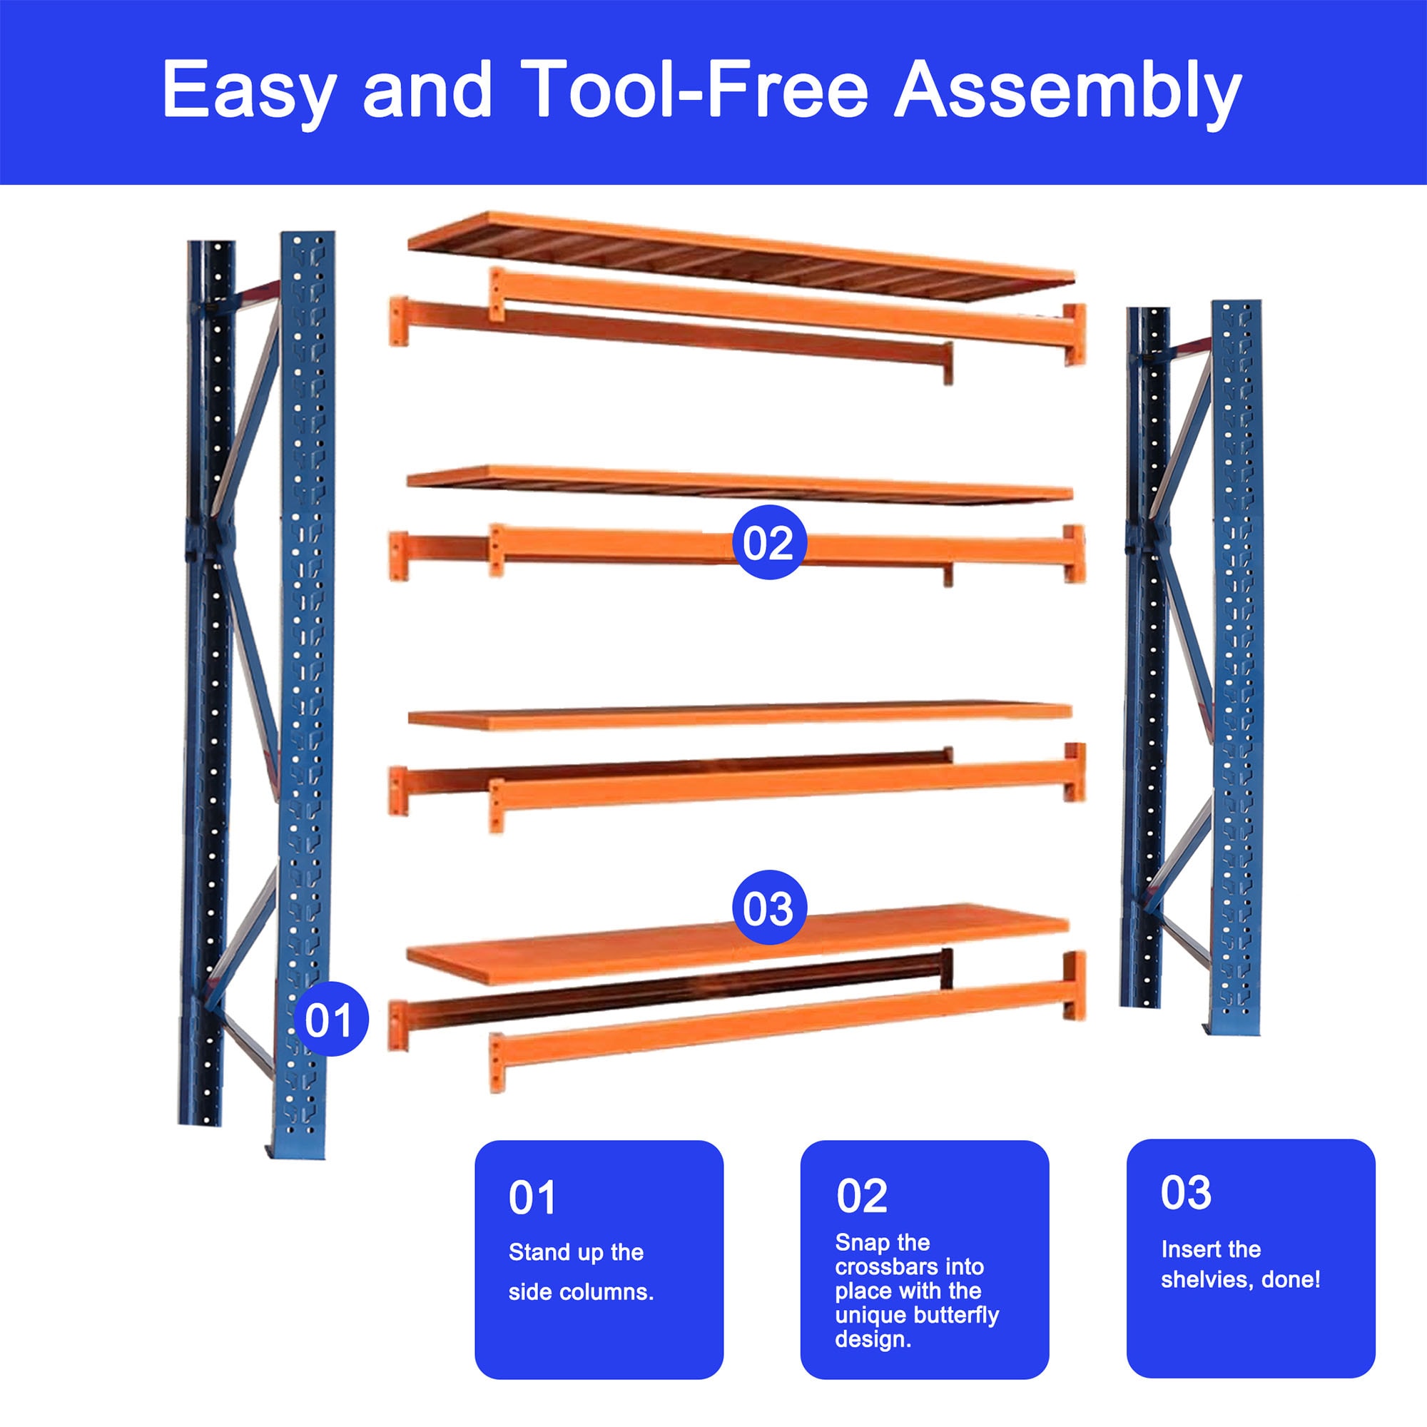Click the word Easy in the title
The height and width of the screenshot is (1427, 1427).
[x=248, y=90]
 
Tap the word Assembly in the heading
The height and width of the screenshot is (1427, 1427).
[x=1067, y=90]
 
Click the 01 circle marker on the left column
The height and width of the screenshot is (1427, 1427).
[x=330, y=1020]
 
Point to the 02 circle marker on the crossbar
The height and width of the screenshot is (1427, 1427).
[x=768, y=543]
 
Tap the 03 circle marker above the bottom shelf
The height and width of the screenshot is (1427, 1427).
[x=768, y=908]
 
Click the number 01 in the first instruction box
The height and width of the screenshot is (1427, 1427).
[x=532, y=1198]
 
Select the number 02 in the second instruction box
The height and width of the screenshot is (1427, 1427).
[x=861, y=1196]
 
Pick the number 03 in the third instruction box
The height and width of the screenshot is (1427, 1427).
[x=1185, y=1192]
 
